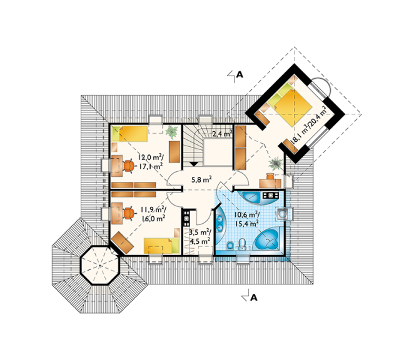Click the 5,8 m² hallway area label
(x=201, y=180)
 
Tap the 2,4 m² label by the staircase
(x=222, y=134)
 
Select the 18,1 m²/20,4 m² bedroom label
(x=308, y=125)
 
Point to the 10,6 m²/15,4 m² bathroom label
(x=247, y=219)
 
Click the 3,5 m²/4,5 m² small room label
(x=199, y=237)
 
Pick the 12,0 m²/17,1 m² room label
(x=151, y=161)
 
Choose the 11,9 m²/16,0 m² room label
(x=153, y=214)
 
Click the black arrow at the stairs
(x=194, y=164)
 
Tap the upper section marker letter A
(x=240, y=75)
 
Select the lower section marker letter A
(x=253, y=297)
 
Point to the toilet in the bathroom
(x=242, y=244)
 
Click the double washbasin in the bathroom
(x=220, y=222)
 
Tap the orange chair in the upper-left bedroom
(x=129, y=166)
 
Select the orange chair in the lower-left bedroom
(x=129, y=213)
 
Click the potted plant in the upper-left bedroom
(x=172, y=132)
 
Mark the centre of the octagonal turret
(x=100, y=265)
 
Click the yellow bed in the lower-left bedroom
(x=161, y=246)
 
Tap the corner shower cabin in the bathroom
(x=250, y=197)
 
